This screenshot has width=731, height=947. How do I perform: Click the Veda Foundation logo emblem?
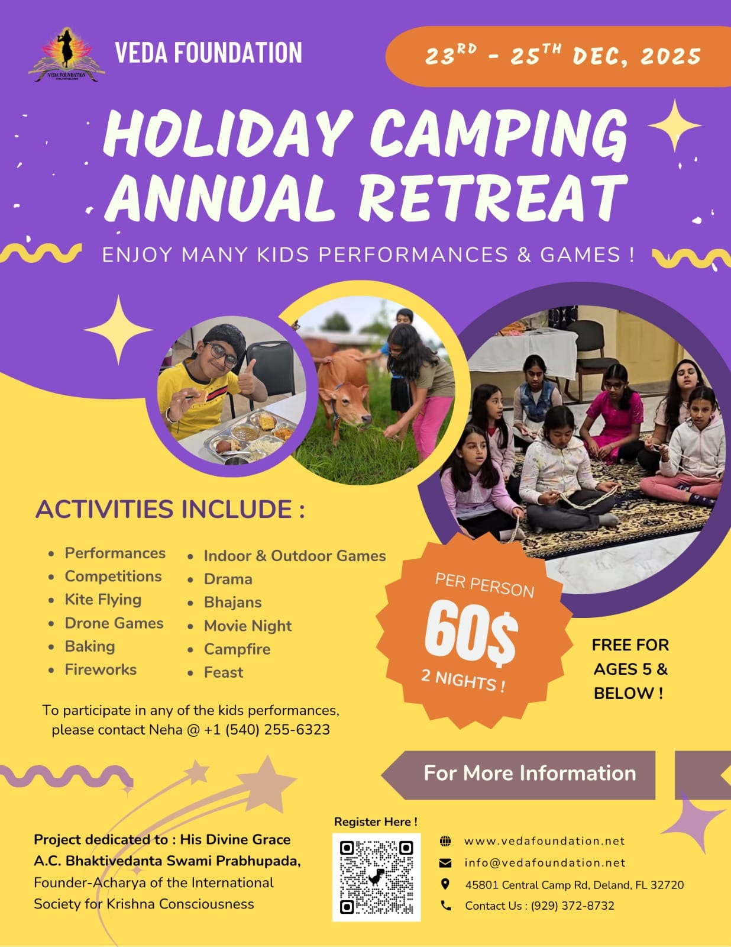coord(67,55)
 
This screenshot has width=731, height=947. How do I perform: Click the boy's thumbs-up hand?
coord(248,378)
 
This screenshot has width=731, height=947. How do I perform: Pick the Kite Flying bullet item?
coord(103,600)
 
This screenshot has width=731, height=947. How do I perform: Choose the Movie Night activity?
coord(248,626)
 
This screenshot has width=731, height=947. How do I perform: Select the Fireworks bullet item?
coord(101,669)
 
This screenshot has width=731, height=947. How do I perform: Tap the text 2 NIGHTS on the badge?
coord(463,680)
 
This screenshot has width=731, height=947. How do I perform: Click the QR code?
coord(376,877)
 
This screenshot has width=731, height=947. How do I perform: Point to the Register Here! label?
coord(376,822)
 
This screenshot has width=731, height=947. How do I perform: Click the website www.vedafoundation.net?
coord(544,840)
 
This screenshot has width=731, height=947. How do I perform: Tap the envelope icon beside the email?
coord(445,863)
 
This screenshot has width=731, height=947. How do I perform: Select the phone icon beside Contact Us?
coord(446,906)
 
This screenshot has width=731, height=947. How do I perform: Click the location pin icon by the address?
coord(445,884)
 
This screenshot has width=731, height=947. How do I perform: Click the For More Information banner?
coord(519,775)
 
